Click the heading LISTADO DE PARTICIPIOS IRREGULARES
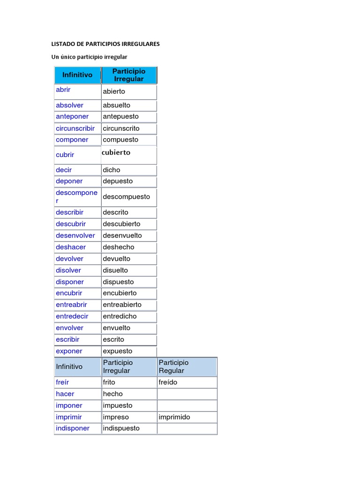point(105,44)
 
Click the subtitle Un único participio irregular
point(89,57)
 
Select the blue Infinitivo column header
point(77,75)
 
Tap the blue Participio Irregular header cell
point(129,75)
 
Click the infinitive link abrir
point(63,90)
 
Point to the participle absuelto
point(116,105)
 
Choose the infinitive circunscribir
point(75,128)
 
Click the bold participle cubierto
point(116,152)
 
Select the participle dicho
point(112,170)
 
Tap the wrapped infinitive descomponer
point(76,196)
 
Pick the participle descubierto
point(121,224)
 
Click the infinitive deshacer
point(71,247)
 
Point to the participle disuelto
point(115,270)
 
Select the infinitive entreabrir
point(71,305)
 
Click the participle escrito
point(113,339)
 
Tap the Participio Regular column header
point(173,367)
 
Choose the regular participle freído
point(168,382)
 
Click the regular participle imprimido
point(174,417)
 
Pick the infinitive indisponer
point(73,428)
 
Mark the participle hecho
point(112,394)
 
